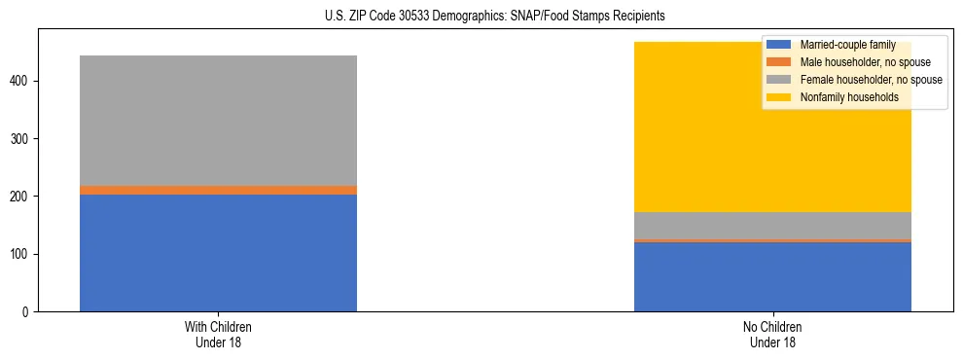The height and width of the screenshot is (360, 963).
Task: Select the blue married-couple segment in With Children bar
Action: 218,253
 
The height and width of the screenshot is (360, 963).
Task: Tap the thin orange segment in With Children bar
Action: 218,190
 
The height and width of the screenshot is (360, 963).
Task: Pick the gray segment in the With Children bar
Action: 218,121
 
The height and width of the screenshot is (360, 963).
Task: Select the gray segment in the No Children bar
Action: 772,225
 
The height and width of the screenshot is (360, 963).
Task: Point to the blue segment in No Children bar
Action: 772,276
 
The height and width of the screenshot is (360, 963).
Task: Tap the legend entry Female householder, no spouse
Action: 870,80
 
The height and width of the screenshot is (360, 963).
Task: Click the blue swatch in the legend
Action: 779,45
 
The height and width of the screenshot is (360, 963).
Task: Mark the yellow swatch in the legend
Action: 779,97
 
